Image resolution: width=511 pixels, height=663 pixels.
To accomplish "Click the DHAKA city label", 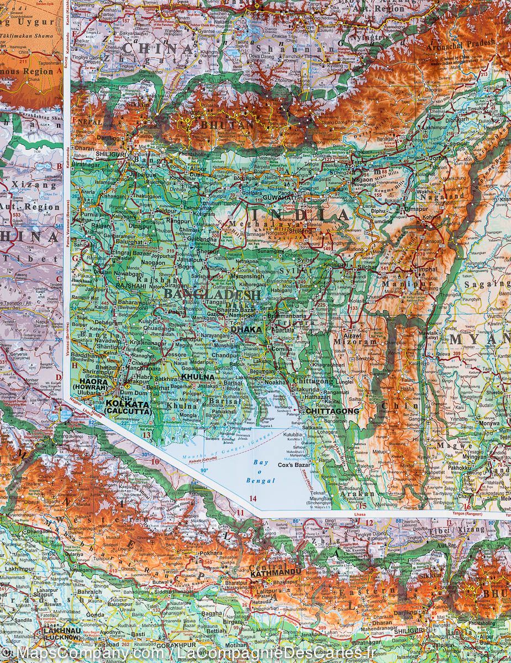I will tap(247, 329).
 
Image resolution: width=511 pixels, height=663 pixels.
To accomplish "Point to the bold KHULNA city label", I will tap(197, 377).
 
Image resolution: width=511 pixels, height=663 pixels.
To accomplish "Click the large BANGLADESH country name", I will tap(212, 295).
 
